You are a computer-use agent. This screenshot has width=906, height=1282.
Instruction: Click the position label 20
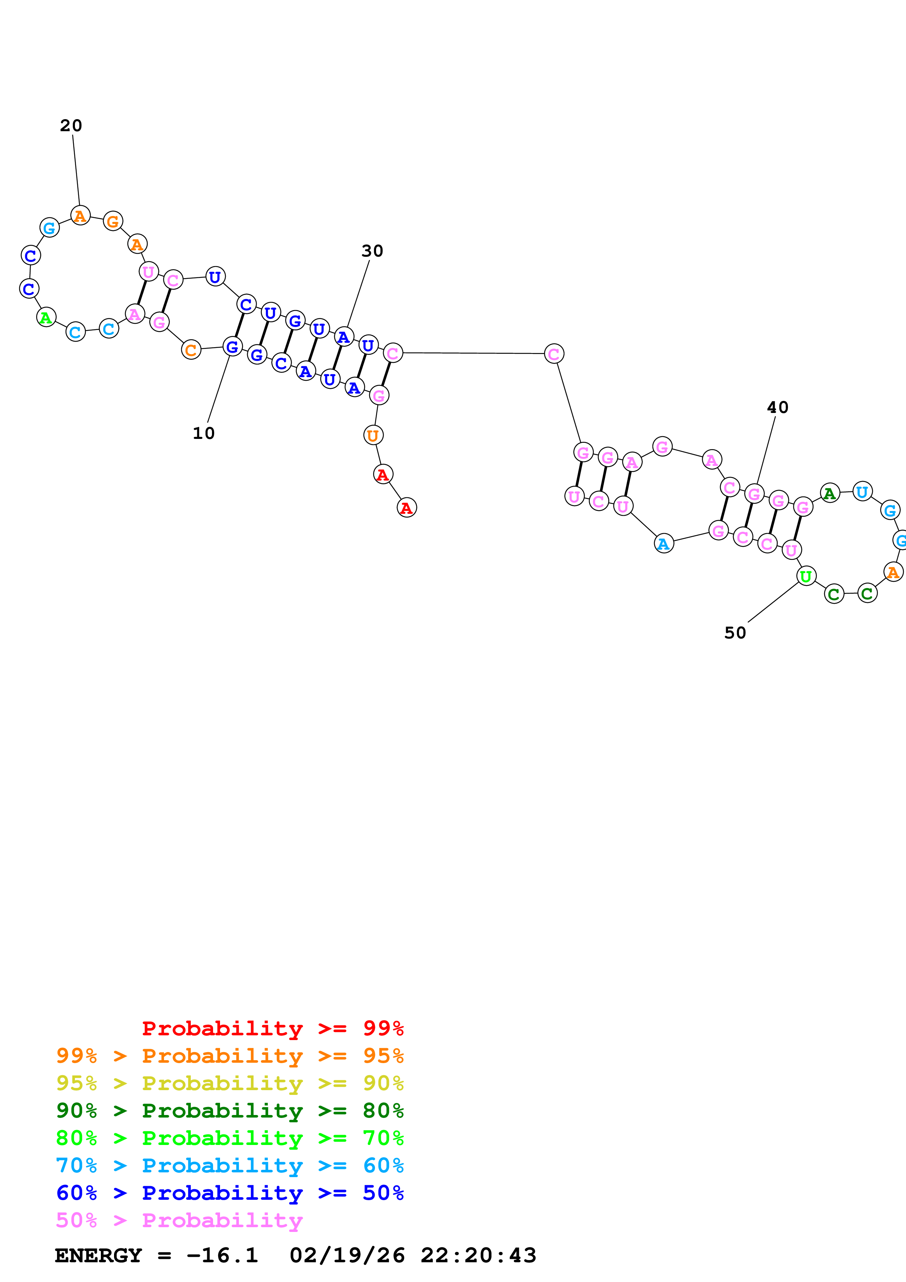(71, 126)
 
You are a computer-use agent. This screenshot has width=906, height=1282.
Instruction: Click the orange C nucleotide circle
(191, 350)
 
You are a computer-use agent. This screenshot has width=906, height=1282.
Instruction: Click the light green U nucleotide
(805, 576)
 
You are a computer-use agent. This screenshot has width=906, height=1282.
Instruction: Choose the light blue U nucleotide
(863, 492)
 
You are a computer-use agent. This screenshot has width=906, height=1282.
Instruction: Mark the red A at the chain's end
(406, 508)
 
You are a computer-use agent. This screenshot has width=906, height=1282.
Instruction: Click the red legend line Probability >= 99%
(272, 1028)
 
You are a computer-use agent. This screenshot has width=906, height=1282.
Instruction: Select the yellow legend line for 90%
(230, 1083)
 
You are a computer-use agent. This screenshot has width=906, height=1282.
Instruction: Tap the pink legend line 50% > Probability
(179, 1221)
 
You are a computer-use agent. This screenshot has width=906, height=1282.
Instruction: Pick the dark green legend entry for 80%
(230, 1111)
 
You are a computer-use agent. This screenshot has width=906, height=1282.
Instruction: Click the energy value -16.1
(221, 1256)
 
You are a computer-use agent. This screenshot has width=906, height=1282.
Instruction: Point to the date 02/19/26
(347, 1256)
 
